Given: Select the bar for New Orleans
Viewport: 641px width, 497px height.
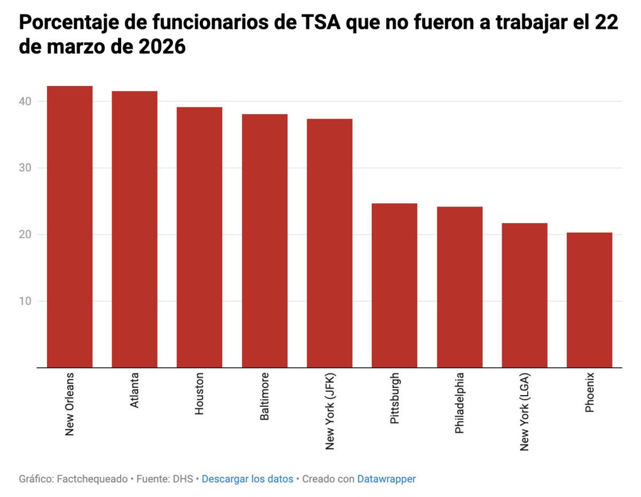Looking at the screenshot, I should pyautogui.click(x=69, y=227).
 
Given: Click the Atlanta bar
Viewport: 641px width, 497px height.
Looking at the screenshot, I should pyautogui.click(x=135, y=230).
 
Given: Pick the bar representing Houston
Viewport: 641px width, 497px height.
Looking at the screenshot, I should pyautogui.click(x=199, y=238).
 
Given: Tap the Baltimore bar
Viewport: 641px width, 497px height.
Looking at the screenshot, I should pyautogui.click(x=264, y=241).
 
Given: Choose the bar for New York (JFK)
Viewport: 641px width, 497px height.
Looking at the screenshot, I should pyautogui.click(x=330, y=243).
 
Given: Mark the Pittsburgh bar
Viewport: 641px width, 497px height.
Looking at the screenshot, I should pyautogui.click(x=394, y=286).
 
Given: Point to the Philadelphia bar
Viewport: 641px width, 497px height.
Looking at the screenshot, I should pyautogui.click(x=459, y=287).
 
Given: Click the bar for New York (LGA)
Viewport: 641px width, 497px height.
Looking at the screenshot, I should pyautogui.click(x=525, y=295).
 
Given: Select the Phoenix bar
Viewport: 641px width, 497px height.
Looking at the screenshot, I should pyautogui.click(x=589, y=300).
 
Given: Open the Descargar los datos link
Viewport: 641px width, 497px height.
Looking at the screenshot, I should pyautogui.click(x=247, y=479).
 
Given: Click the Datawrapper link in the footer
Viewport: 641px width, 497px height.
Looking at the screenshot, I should pyautogui.click(x=386, y=479).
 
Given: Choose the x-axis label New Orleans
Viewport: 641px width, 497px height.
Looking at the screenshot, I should pyautogui.click(x=69, y=404).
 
